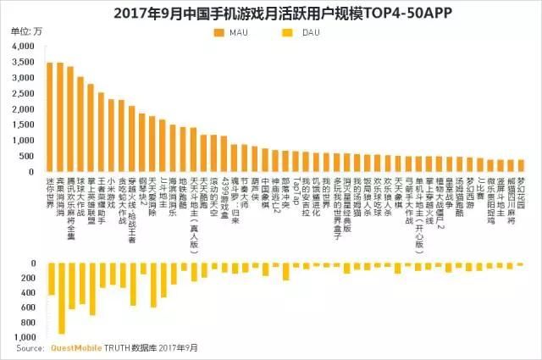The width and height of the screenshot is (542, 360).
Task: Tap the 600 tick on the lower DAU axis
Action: [x=28, y=307]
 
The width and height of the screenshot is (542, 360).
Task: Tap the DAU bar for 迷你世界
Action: [x=51, y=279]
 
